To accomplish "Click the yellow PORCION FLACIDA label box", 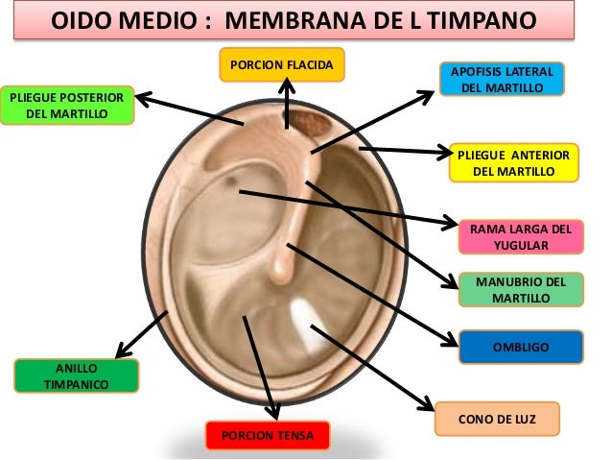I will point(281,65).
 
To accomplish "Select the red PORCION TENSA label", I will point(268,435).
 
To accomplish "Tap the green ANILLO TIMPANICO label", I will point(77,375).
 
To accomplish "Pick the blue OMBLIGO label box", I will point(521,347).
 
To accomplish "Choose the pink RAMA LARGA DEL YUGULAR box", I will point(521,237).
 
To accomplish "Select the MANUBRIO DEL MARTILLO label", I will point(521,290).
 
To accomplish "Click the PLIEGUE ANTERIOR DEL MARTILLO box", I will point(514,162).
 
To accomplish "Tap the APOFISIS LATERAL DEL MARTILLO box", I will point(503,79).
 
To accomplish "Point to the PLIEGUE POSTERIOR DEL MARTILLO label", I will point(66,106).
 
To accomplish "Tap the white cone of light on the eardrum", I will point(305,322).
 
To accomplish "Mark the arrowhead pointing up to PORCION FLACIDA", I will point(287,88).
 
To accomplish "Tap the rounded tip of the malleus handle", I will point(279,273).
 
